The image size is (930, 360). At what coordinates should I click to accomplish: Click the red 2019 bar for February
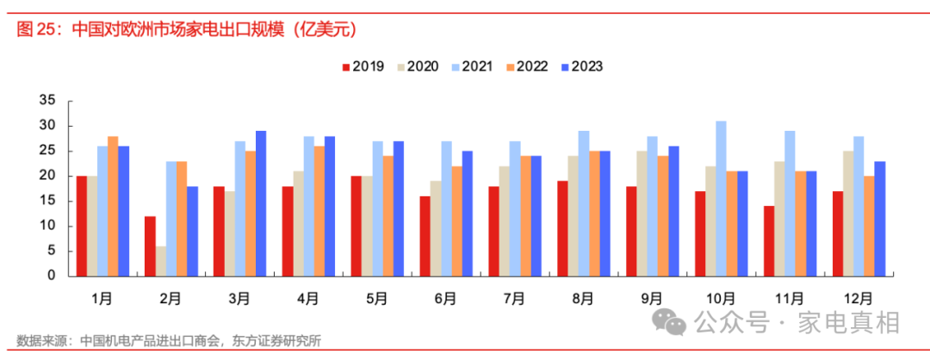point(150,246)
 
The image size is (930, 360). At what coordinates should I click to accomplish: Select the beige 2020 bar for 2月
point(161,261)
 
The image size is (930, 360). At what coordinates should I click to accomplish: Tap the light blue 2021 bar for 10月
point(721,199)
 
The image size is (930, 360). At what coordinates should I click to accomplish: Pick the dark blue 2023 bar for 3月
point(261,204)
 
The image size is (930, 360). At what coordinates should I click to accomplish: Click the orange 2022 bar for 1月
point(113,207)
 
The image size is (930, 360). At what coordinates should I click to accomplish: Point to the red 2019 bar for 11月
point(768,241)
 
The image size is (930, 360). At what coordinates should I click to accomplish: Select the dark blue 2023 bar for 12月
point(880,219)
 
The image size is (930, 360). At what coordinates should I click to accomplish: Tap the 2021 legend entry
point(479,66)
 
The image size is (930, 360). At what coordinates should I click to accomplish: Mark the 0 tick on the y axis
point(51,276)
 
